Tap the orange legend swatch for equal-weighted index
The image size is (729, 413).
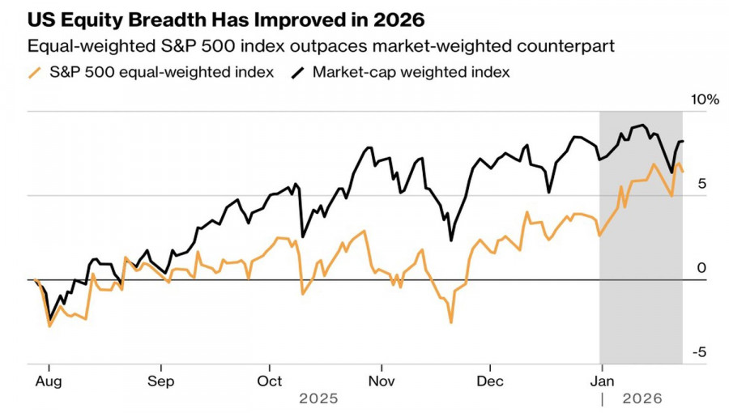(x=35, y=72)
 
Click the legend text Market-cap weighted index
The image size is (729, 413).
(x=411, y=72)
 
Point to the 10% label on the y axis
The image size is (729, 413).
(x=704, y=100)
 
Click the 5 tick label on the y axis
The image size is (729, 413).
(x=701, y=184)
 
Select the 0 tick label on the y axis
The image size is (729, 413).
(x=701, y=268)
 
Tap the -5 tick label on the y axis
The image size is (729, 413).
(x=698, y=352)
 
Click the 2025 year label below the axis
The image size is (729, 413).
(x=318, y=399)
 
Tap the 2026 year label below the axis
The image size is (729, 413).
(x=642, y=399)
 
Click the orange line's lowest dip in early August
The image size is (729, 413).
(x=49, y=326)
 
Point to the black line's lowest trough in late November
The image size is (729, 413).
(x=450, y=241)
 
